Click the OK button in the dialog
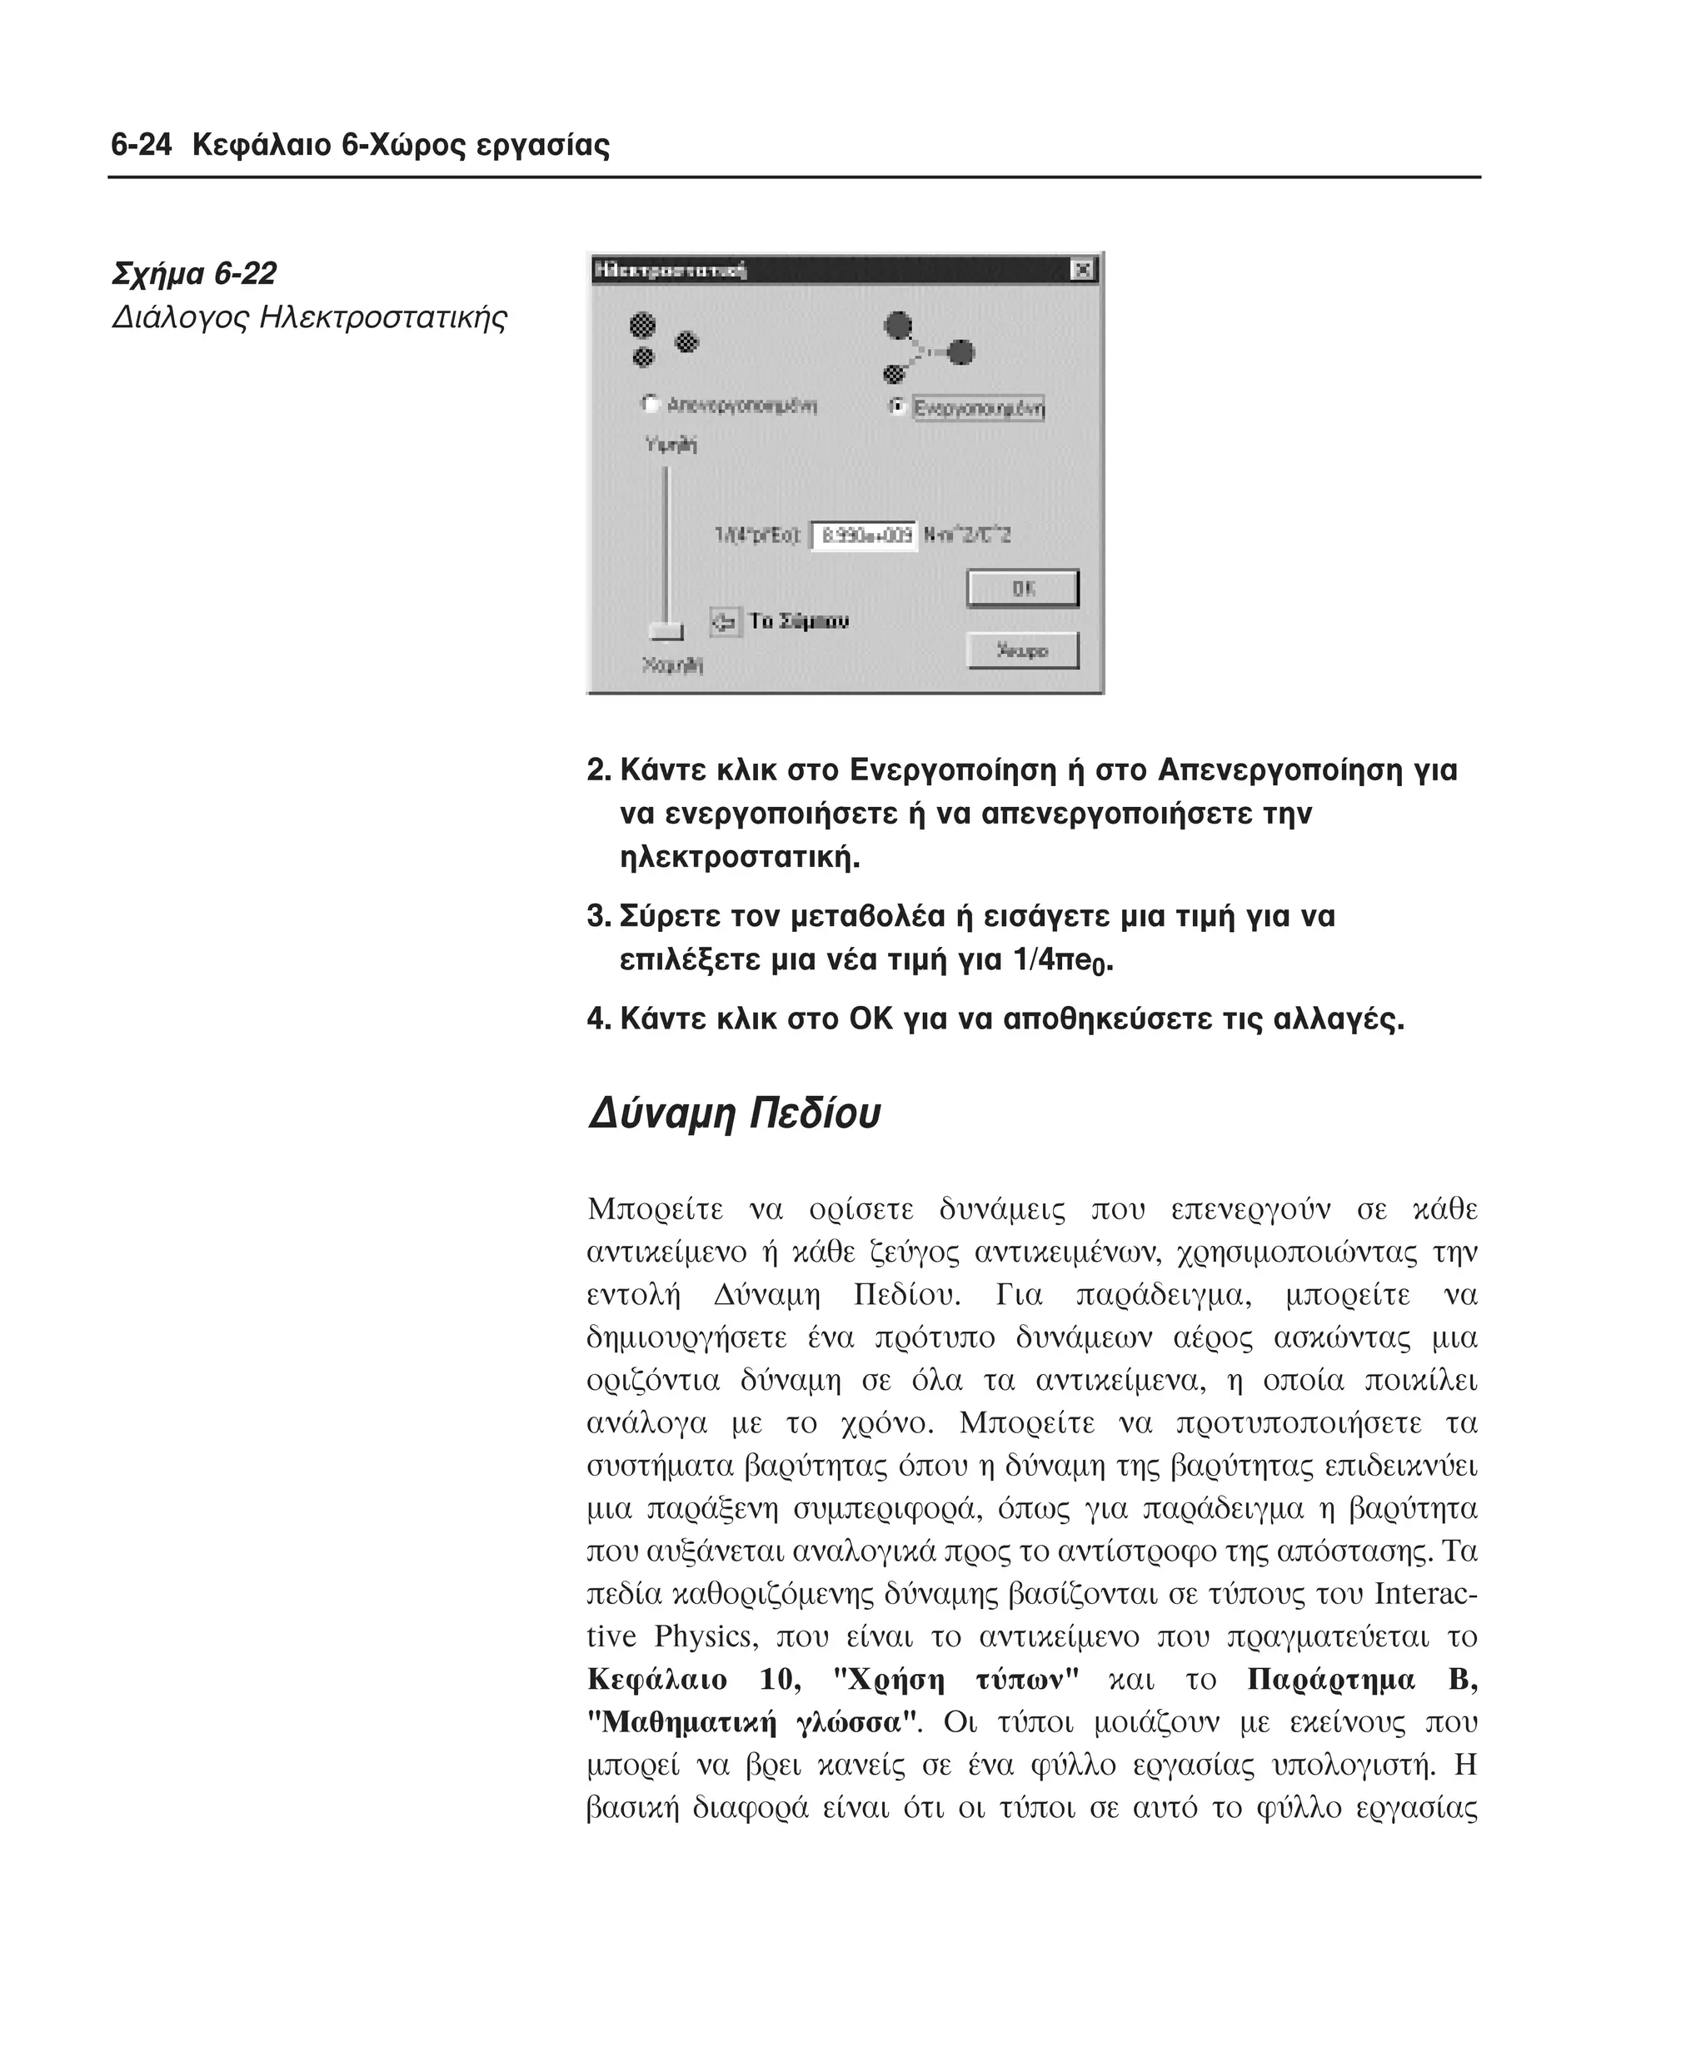1023,589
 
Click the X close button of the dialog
1081,270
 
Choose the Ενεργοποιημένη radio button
898,406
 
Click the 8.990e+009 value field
864,535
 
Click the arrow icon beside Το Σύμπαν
725,622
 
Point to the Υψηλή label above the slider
671,445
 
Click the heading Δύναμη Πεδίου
733,1113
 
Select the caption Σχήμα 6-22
194,274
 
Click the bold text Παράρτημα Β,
1361,1679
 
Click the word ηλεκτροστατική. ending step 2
740,858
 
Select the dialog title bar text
670,270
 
